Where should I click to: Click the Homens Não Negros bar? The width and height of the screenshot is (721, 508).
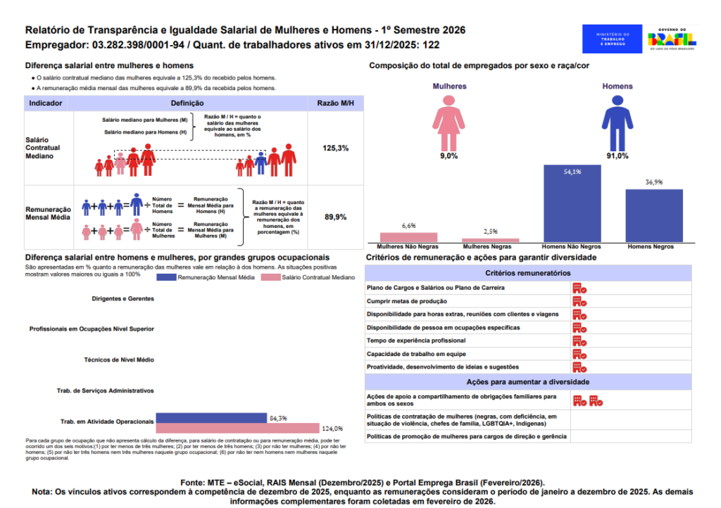point(572,204)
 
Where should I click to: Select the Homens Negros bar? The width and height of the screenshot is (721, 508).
point(654,216)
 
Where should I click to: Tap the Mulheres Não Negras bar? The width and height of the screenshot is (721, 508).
point(408,237)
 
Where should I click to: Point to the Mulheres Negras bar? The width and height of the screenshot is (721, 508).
point(490,240)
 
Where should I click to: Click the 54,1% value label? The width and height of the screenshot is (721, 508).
point(572,172)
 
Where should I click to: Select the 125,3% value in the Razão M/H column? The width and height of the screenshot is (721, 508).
point(335,149)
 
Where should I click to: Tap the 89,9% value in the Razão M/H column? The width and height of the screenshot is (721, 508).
point(335,217)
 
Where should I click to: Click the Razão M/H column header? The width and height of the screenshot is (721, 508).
point(335,103)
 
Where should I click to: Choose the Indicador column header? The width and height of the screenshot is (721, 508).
point(46,103)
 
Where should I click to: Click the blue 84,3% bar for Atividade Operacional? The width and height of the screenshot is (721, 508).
point(211,418)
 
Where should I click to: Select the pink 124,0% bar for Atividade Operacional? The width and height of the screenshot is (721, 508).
point(238,428)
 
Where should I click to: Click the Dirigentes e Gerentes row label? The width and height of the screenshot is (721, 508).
point(123,298)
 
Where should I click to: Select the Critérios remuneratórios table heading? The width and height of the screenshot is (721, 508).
point(527,273)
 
